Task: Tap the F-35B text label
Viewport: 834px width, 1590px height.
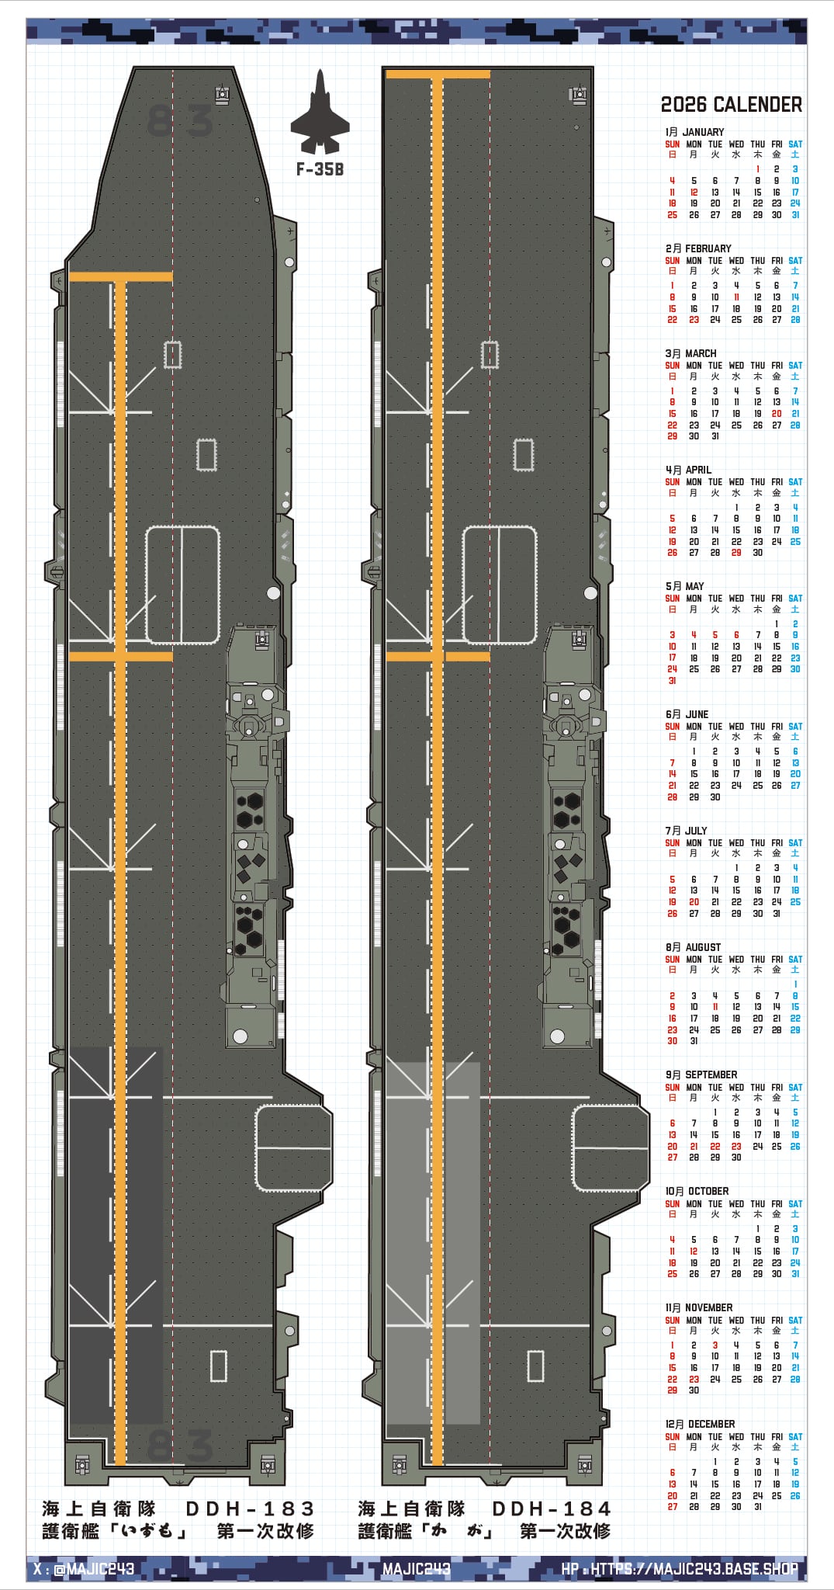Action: point(320,169)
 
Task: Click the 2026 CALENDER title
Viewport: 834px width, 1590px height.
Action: point(731,105)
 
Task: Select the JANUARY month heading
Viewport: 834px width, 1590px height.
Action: point(694,132)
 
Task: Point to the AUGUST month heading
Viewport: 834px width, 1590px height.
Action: point(694,947)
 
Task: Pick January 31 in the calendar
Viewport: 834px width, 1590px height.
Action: point(795,215)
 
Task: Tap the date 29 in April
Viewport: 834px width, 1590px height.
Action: point(736,553)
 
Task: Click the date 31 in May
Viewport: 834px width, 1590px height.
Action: point(672,681)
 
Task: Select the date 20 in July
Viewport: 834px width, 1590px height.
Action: point(694,902)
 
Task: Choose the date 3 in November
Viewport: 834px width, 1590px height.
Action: point(715,1345)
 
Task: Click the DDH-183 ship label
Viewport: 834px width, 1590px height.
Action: point(250,1508)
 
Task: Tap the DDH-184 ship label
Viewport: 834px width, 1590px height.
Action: point(552,1508)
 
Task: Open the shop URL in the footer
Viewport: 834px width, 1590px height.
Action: point(680,1569)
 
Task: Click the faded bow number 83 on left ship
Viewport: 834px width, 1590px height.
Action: point(179,121)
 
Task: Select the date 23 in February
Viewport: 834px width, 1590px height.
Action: point(694,320)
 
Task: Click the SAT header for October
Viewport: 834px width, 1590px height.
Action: point(795,1203)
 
